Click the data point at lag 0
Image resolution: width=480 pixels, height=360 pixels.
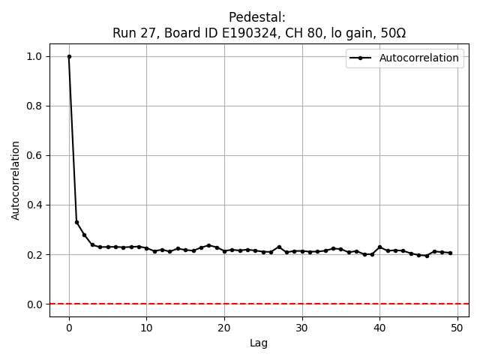click(69, 56)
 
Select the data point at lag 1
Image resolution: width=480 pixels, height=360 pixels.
click(76, 222)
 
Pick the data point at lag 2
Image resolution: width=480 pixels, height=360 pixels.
click(85, 235)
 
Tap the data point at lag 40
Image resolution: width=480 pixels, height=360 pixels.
click(379, 247)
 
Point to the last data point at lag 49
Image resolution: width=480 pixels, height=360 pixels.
click(450, 253)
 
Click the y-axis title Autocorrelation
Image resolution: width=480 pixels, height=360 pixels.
click(16, 180)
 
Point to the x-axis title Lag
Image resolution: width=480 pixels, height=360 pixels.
click(259, 343)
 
